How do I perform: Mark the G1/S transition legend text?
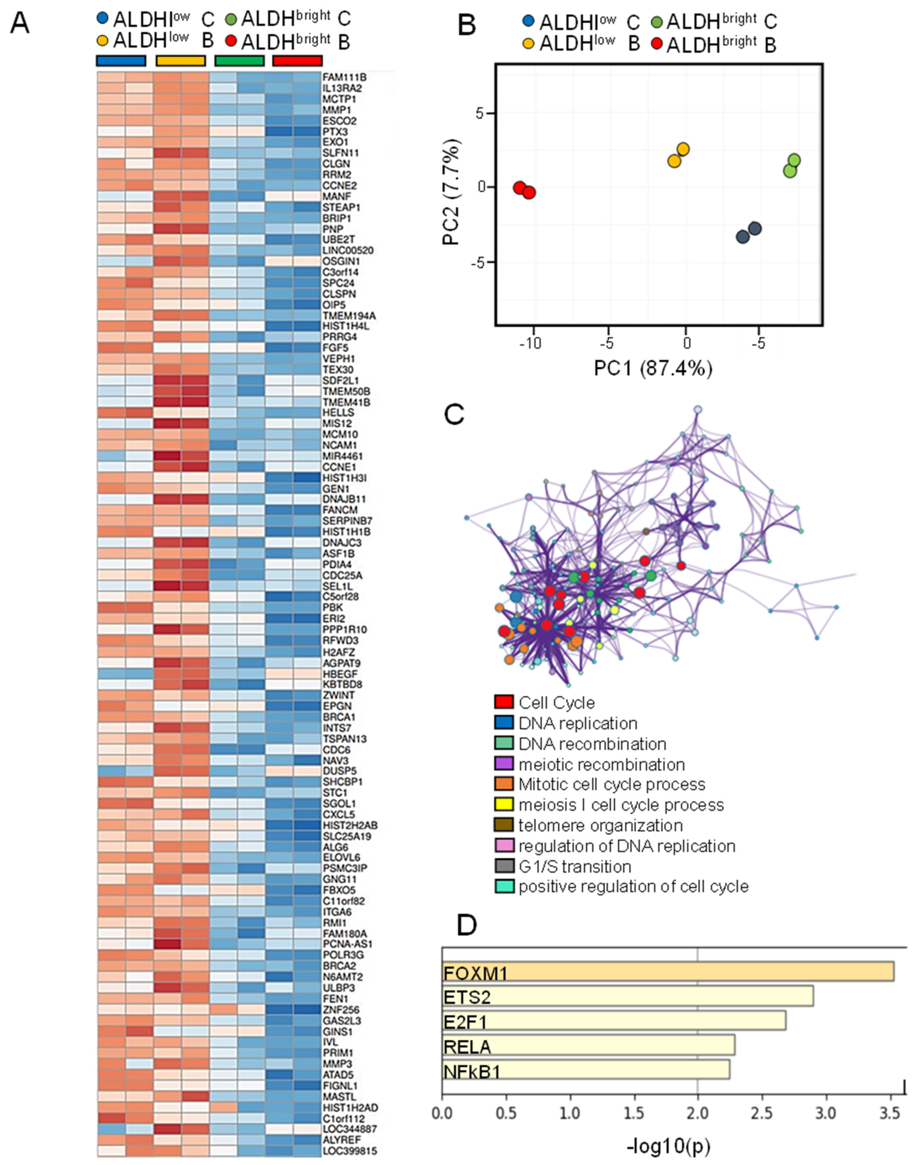575,866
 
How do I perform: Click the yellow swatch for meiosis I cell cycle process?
504,805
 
